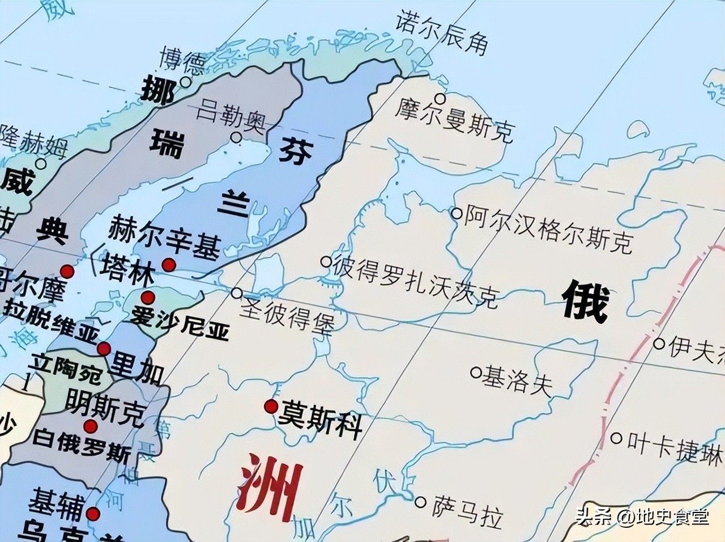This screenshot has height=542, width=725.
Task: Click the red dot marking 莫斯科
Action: (x=271, y=406)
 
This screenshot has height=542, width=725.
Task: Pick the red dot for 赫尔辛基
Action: (x=168, y=265)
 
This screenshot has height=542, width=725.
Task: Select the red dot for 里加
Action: (x=104, y=348)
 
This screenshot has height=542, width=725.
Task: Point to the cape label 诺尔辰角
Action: (x=442, y=33)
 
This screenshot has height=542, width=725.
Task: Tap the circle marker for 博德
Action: (x=186, y=82)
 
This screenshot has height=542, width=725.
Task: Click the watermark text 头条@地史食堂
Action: (x=642, y=516)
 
